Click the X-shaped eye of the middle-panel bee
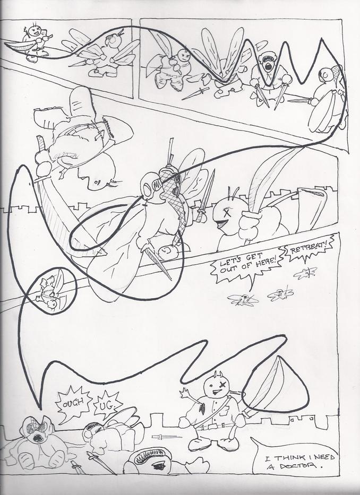(226, 212)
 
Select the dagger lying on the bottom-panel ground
(167, 437)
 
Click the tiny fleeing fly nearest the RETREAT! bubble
(305, 273)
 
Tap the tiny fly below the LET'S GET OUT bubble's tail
(243, 299)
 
